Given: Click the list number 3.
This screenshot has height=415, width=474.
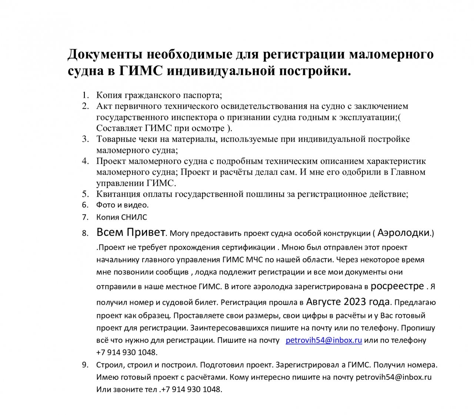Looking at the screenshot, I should (86, 139).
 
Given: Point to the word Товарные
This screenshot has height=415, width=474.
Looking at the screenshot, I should (115, 139).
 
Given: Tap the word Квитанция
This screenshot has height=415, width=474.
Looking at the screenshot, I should (119, 194).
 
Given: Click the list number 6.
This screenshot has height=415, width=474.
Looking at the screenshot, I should (86, 205).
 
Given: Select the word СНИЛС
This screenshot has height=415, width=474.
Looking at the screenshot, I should (134, 217).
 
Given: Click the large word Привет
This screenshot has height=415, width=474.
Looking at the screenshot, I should (146, 232).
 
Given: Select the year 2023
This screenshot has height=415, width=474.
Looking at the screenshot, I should (355, 302).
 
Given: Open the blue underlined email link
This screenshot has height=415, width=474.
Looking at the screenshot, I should (324, 340).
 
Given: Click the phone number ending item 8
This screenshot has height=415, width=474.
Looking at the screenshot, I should (127, 352).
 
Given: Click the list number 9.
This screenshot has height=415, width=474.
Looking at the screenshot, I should (86, 365).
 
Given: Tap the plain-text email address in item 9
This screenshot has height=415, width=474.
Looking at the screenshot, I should (394, 378).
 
